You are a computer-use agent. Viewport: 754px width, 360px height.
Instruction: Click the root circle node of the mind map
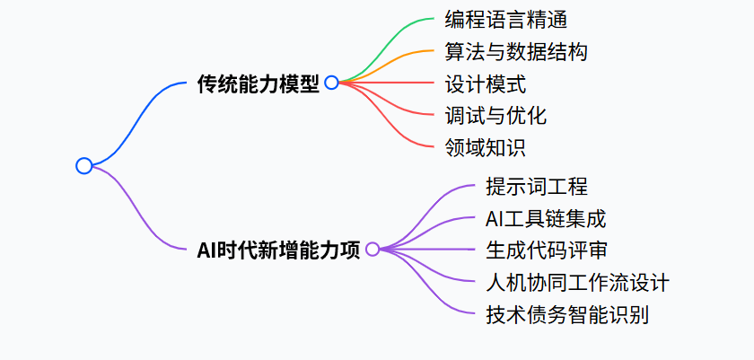click(x=83, y=165)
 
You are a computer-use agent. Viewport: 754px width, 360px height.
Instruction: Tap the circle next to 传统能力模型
click(x=331, y=83)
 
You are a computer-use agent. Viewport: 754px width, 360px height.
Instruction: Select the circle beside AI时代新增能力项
click(x=373, y=249)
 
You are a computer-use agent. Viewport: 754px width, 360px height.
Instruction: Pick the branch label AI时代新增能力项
click(x=278, y=250)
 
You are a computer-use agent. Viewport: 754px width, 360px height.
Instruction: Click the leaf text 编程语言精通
click(x=505, y=19)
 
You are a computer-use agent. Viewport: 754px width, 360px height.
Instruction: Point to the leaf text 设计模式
click(x=485, y=83)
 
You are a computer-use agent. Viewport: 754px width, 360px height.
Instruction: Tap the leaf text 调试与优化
click(x=495, y=116)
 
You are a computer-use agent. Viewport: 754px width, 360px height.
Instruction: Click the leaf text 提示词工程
click(x=536, y=186)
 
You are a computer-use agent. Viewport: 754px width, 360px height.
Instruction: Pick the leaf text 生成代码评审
click(x=547, y=250)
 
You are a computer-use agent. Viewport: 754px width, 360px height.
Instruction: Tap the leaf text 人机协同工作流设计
click(x=576, y=283)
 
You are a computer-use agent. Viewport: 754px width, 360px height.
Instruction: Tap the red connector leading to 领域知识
click(x=395, y=126)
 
